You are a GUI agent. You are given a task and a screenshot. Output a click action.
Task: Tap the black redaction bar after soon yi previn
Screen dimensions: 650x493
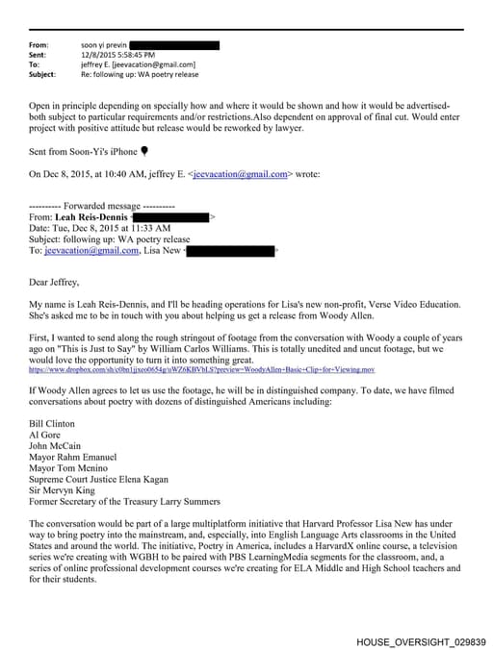point(173,45)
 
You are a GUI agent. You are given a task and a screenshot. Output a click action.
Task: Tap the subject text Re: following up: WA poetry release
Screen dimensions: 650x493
point(139,74)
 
